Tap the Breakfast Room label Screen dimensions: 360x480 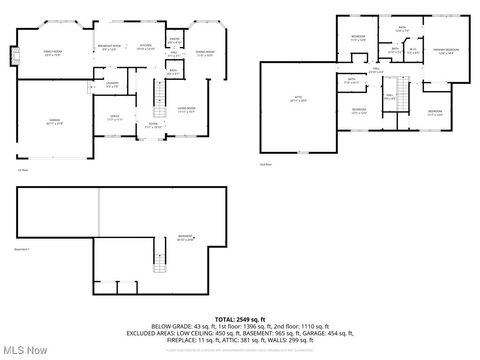click(110, 47)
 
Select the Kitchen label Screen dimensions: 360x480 click(145, 46)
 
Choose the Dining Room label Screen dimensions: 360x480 click(204, 54)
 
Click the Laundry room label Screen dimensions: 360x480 click(112, 84)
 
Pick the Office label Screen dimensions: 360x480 click(115, 118)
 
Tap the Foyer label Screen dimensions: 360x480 click(153, 126)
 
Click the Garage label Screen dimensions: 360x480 click(55, 122)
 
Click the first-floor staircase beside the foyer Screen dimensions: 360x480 click(158, 98)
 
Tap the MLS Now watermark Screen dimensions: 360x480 click(25, 349)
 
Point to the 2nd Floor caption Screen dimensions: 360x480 click(265, 163)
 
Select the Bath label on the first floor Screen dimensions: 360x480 click(173, 72)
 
